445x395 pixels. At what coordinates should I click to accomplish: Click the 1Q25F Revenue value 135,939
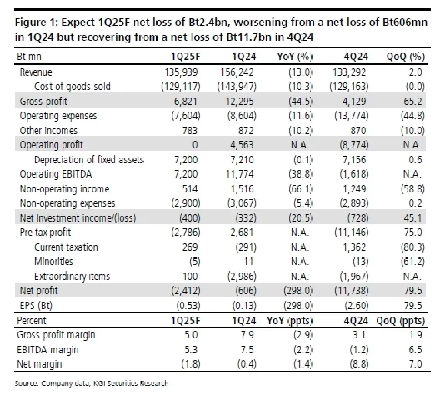coord(181,72)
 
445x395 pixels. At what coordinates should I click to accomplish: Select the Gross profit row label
coord(43,101)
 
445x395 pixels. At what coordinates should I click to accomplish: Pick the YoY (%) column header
coord(295,57)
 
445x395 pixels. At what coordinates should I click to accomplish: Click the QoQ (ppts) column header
coord(400,320)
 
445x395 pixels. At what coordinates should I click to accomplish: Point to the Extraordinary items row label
coord(72,276)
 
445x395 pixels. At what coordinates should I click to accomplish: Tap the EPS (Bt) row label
coord(36,306)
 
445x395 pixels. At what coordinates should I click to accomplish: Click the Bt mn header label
coord(29,57)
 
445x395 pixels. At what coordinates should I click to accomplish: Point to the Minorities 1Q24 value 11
coord(248,261)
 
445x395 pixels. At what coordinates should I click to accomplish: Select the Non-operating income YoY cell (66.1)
coord(300,189)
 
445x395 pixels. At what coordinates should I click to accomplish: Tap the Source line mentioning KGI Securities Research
coord(91,383)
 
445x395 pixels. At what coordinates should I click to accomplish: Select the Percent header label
coord(32,320)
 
